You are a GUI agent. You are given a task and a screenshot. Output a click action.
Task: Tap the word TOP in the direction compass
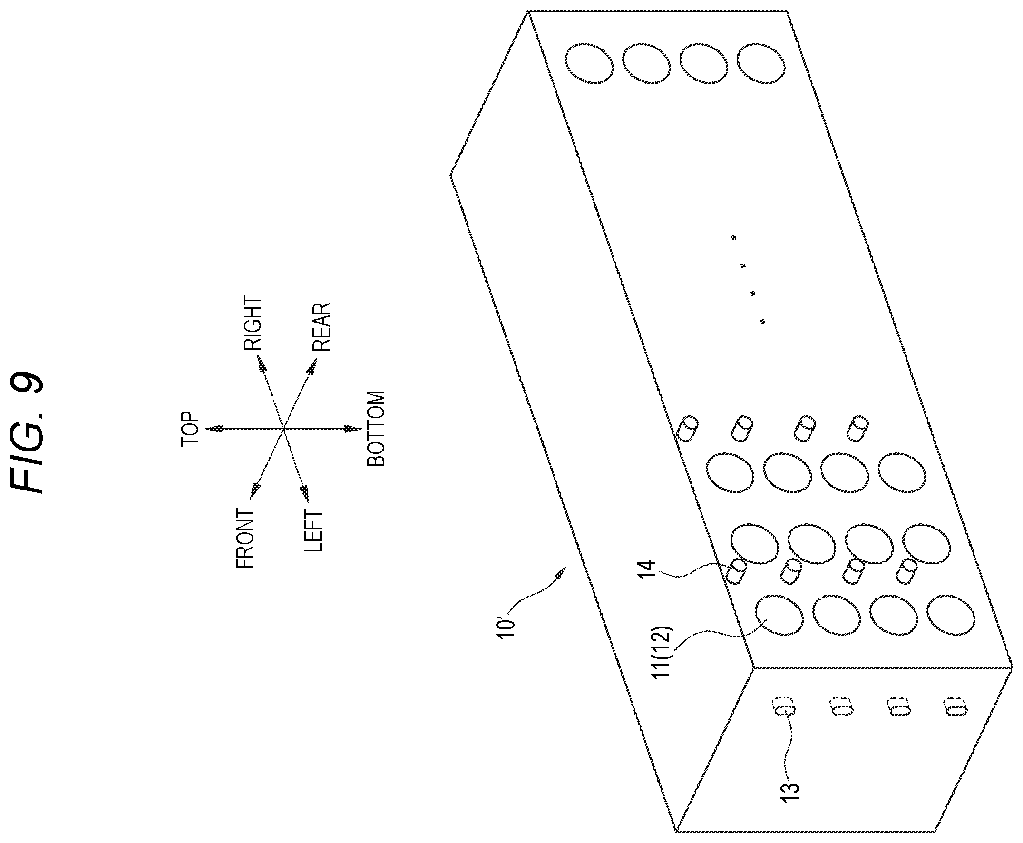(x=190, y=429)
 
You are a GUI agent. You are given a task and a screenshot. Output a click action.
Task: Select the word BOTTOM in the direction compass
(x=376, y=429)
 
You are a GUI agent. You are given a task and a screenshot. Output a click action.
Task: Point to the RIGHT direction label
(x=252, y=323)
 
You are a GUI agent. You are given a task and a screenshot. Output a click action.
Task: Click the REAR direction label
(x=321, y=327)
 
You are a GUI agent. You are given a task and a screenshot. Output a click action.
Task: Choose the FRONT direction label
(x=245, y=538)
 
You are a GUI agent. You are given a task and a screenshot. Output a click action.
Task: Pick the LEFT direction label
(x=312, y=531)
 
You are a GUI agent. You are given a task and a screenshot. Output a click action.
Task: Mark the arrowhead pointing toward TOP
(x=214, y=429)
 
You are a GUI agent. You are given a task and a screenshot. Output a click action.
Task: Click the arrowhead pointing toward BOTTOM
(x=353, y=429)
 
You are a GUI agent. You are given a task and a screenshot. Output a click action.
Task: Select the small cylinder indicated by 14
(x=737, y=571)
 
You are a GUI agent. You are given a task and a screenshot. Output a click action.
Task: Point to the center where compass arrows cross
(x=283, y=429)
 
